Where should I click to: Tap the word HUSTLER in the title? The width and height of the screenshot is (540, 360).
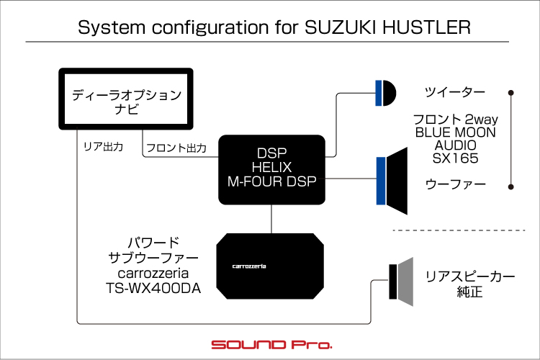click(x=426, y=27)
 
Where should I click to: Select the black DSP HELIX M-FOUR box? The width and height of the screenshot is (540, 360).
click(x=271, y=169)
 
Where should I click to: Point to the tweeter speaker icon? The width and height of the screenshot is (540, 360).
click(x=386, y=93)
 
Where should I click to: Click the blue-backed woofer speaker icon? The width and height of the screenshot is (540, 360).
click(x=392, y=181)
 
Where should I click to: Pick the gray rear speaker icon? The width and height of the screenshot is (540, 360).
click(x=401, y=282)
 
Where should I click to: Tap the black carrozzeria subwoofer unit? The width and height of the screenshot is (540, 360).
click(x=270, y=266)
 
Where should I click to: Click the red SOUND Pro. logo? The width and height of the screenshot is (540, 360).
click(x=271, y=344)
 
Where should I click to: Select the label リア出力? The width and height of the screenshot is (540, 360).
click(x=103, y=147)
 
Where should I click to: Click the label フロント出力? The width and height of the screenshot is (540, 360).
click(x=176, y=148)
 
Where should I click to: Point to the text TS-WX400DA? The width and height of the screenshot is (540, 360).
click(x=153, y=288)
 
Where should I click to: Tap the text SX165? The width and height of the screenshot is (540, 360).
click(x=455, y=158)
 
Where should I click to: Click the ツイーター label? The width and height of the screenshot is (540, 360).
click(x=454, y=92)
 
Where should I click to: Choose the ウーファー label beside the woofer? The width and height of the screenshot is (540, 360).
click(x=455, y=184)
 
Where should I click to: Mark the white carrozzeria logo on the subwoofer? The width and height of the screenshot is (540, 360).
click(x=249, y=266)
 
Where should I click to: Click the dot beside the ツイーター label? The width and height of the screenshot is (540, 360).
click(x=511, y=93)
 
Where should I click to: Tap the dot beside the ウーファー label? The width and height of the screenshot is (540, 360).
click(x=511, y=186)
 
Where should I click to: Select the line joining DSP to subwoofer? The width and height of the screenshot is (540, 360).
click(x=271, y=219)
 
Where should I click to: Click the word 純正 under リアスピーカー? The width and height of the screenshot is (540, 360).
click(x=469, y=292)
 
